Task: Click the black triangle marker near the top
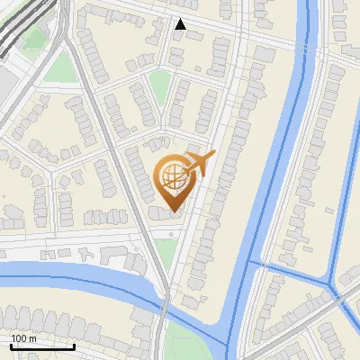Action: coord(181,24)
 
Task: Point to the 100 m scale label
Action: coord(23,338)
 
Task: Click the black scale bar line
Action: coord(41,346)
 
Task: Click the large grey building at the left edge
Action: coord(4,85)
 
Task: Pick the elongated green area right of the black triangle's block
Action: coord(159,87)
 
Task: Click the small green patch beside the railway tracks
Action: coord(36,38)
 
